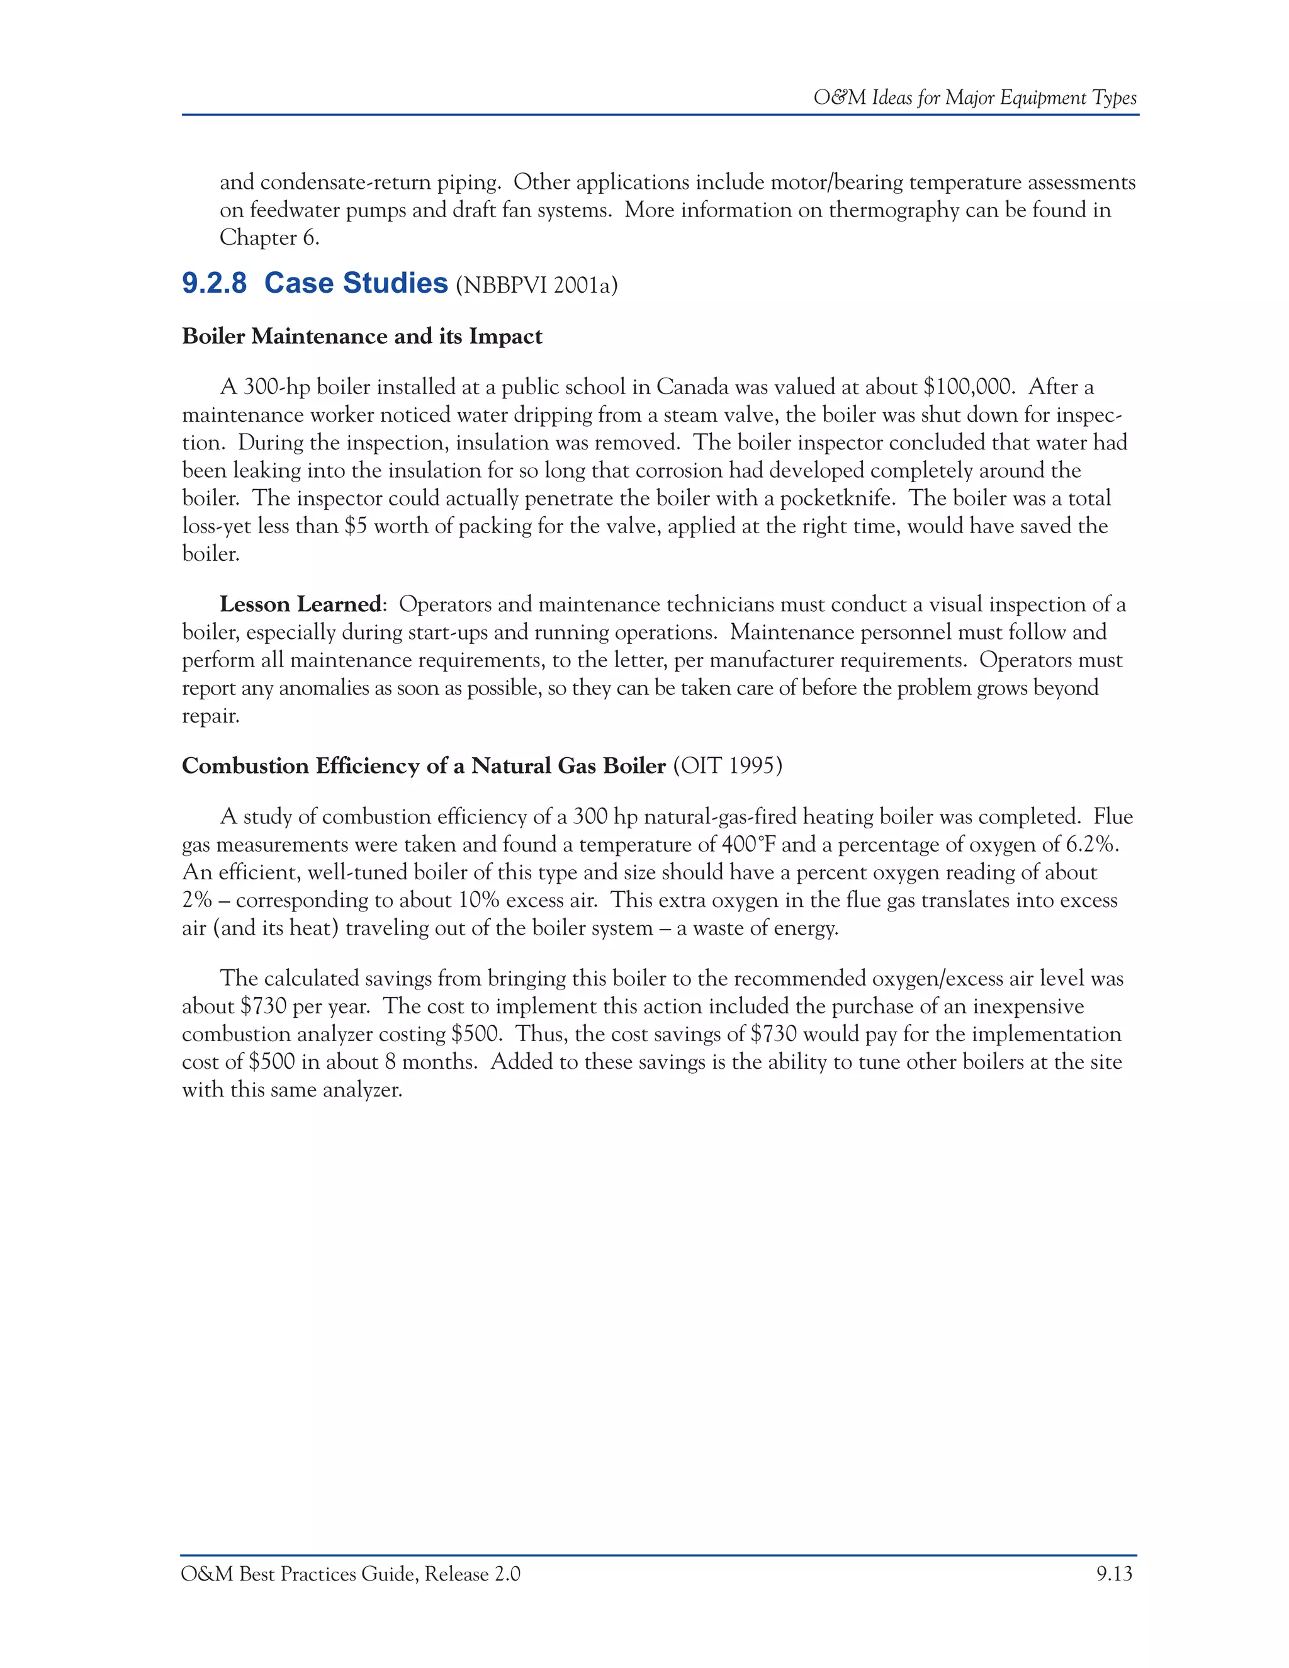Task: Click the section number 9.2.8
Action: pos(214,283)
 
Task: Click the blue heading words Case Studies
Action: pos(356,283)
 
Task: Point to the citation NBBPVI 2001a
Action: pos(536,286)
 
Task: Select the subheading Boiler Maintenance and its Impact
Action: pos(362,337)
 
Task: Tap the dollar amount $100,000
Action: pos(968,387)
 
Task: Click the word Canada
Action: pos(692,387)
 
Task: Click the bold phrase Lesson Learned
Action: pos(300,604)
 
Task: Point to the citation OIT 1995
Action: pos(727,766)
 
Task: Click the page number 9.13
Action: pos(1114,1574)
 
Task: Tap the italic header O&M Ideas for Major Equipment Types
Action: pos(974,98)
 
